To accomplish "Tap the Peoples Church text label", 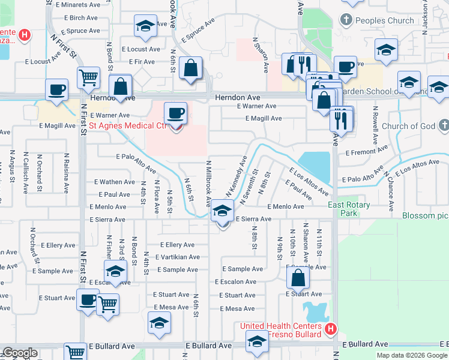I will (x=384, y=20).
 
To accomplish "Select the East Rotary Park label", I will (x=349, y=209).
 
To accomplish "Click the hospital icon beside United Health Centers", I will (x=330, y=329).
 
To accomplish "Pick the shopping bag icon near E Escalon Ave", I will (x=298, y=278).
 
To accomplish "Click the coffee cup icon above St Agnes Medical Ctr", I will (x=176, y=112).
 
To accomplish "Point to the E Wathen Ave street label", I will (x=115, y=182).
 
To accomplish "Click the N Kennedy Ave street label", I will (x=237, y=175).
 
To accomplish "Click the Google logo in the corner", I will (x=19, y=353).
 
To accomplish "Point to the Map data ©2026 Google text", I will (x=412, y=355).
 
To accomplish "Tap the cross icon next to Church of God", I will (x=444, y=125).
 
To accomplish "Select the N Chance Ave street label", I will (x=390, y=191).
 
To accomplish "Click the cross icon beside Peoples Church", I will (x=346, y=20).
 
